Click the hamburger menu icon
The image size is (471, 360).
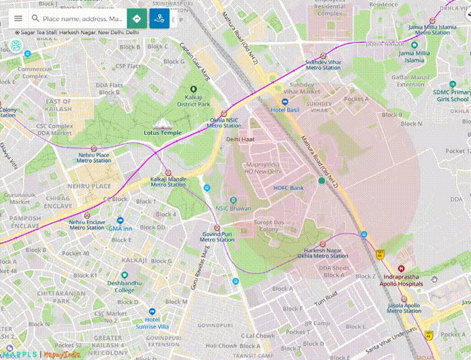(18, 19)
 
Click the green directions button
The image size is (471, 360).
(137, 19)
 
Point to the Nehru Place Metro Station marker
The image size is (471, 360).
(94, 149)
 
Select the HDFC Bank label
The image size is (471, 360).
(288, 188)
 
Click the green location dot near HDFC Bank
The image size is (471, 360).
(321, 181)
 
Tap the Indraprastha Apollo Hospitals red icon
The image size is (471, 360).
(403, 268)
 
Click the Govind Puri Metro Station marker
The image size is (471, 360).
(217, 228)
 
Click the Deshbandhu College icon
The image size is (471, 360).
(124, 275)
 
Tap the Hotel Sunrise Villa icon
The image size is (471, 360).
(152, 311)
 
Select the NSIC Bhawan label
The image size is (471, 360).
(233, 208)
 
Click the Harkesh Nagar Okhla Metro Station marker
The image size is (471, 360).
(322, 244)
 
